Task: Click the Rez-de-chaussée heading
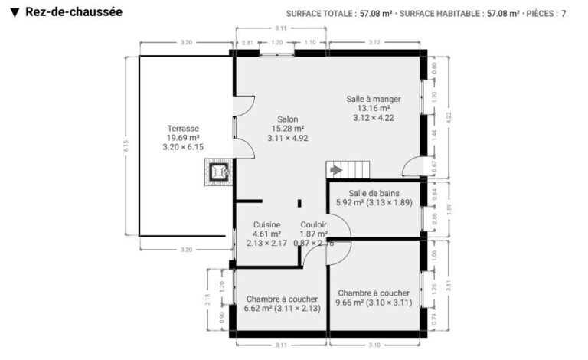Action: [x=73, y=12]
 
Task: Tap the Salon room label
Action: [x=288, y=119]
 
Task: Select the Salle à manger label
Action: [x=374, y=99]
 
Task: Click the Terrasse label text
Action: [x=184, y=129]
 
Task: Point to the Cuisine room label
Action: [x=266, y=224]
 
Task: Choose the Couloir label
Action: [x=314, y=224]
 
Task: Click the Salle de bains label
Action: [x=374, y=194]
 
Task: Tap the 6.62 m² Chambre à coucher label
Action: [x=282, y=299]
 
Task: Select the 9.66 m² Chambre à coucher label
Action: [x=374, y=293]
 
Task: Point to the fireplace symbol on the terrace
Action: [x=219, y=172]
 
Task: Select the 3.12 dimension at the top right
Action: [x=374, y=43]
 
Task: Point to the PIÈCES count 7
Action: [x=563, y=13]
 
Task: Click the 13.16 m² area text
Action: [x=374, y=109]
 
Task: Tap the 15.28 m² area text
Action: [x=288, y=129]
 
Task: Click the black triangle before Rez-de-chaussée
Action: [x=15, y=12]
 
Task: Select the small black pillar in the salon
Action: [x=299, y=203]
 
